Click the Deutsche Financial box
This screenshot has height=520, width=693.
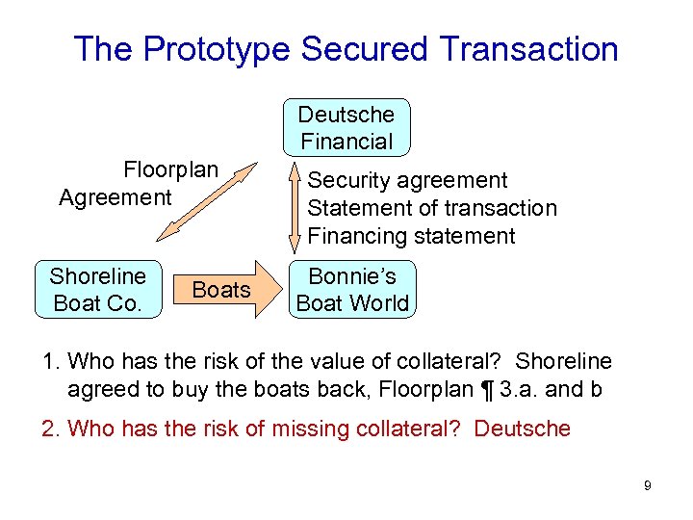(x=346, y=127)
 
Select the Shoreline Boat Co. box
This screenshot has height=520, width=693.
(x=97, y=289)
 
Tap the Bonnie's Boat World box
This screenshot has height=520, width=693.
(x=352, y=289)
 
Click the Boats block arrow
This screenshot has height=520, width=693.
(x=222, y=289)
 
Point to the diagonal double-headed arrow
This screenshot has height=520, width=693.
(x=204, y=201)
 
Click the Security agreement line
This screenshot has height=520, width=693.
(x=407, y=180)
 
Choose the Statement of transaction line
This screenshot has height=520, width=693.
(x=432, y=208)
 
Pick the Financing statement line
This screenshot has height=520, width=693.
(x=412, y=236)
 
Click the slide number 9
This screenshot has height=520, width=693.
(x=648, y=485)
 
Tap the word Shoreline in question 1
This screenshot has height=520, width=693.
(x=563, y=361)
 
